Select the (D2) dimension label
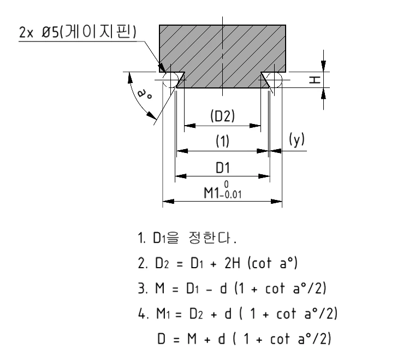(222, 116)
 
